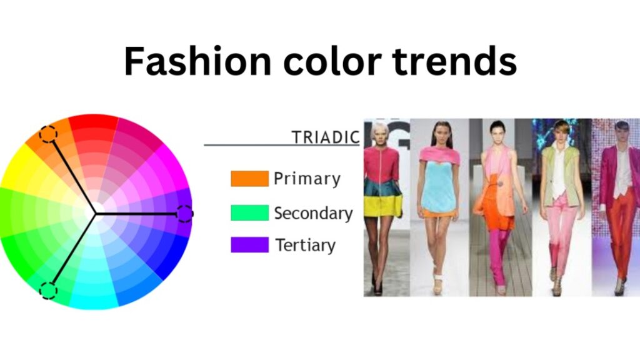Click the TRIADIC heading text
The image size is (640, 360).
point(325,137)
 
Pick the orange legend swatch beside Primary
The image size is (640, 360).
point(250,178)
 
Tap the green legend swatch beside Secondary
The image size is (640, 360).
point(250,212)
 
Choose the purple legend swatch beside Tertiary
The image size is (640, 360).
point(250,245)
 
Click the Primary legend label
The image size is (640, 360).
point(307,179)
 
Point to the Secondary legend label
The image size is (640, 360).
point(314,214)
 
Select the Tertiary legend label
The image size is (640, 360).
point(305,245)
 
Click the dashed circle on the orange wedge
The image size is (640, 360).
point(48,134)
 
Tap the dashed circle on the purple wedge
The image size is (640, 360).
point(184,214)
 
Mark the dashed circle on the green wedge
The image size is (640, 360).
point(48,291)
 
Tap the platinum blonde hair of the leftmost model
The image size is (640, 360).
point(379,130)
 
